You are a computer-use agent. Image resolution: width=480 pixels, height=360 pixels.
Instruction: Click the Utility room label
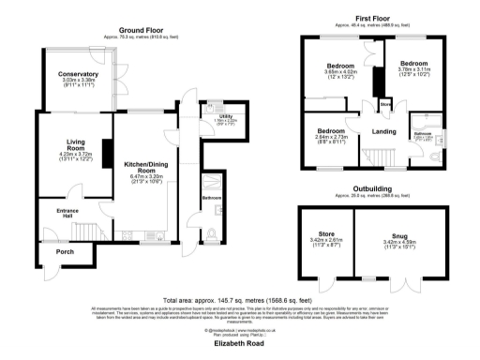[x=213, y=114]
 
